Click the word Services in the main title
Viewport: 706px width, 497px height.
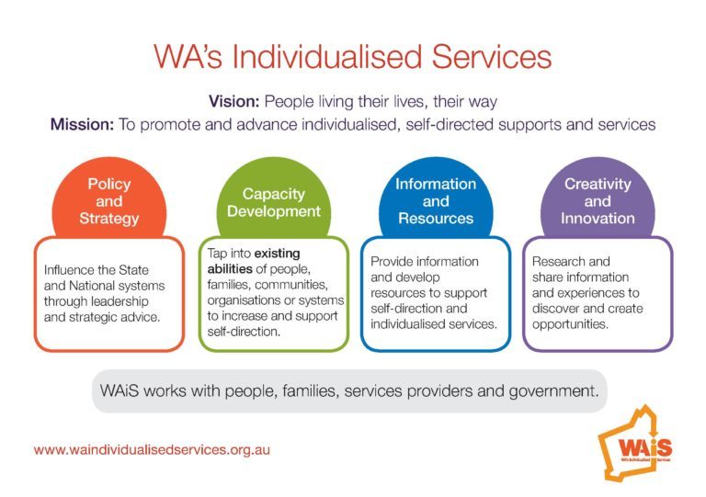(491, 57)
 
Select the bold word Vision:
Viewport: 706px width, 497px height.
(234, 101)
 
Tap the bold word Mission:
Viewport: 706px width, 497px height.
(83, 124)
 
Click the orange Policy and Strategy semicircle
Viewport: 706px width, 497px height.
(109, 197)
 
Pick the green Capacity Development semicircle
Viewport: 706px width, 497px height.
(274, 197)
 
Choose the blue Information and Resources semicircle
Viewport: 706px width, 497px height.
(436, 197)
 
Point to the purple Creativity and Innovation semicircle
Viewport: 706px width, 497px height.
(598, 197)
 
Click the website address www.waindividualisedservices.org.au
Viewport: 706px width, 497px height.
(152, 450)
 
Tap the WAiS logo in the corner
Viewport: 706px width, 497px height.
(635, 442)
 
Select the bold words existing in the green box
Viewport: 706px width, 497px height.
(277, 254)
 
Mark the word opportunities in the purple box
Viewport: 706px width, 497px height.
(570, 324)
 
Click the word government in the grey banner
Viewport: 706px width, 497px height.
(553, 391)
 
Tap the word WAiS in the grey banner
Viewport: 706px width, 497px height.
(119, 390)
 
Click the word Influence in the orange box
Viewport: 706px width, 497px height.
(67, 270)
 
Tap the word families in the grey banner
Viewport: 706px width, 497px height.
(310, 390)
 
